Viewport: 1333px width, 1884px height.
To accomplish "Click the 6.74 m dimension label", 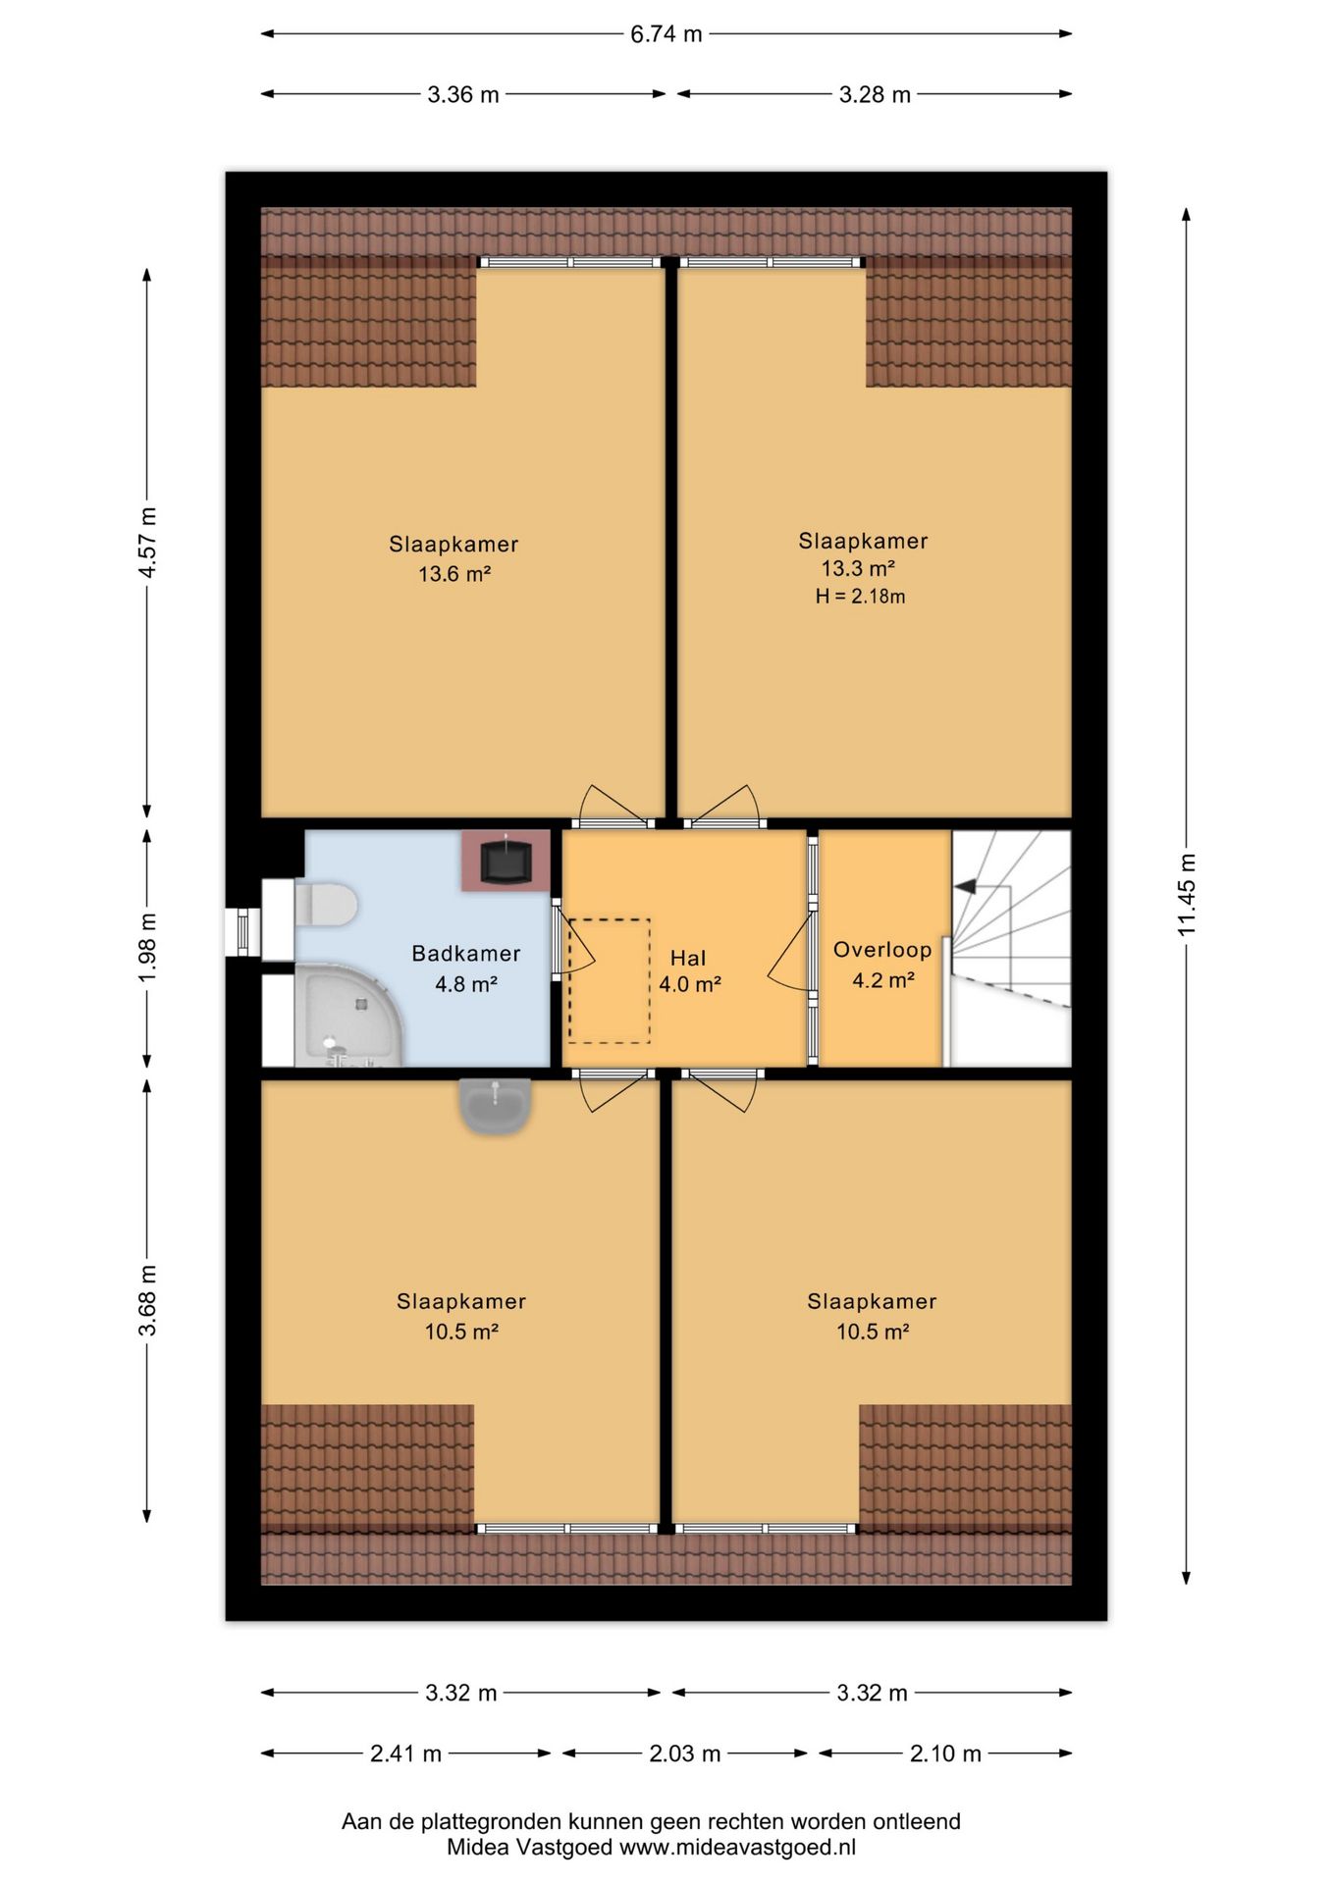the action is [666, 34].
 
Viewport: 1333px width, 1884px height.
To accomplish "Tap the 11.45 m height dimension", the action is [1187, 894].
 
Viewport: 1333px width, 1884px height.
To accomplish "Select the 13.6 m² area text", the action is [454, 574].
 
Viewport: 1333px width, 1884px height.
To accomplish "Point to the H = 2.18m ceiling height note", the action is [860, 596].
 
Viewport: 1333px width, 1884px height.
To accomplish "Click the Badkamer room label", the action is [466, 953].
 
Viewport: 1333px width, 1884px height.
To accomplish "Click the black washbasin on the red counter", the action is [506, 862].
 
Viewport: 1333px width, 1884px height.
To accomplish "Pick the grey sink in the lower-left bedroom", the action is [496, 1106].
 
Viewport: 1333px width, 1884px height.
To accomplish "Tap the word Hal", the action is [688, 959].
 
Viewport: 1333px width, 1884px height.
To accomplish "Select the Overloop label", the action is [882, 949].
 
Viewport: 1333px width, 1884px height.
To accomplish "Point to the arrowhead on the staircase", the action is [964, 886].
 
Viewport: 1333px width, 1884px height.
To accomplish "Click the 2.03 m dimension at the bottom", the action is [685, 1753].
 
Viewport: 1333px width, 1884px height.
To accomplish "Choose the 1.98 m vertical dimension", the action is [147, 947].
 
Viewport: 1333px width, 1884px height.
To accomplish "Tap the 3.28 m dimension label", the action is [875, 94].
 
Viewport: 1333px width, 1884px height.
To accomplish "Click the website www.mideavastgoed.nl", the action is [737, 1847].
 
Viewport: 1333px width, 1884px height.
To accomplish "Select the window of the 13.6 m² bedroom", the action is [569, 262].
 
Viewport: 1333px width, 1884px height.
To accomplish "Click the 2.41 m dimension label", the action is [405, 1753].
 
